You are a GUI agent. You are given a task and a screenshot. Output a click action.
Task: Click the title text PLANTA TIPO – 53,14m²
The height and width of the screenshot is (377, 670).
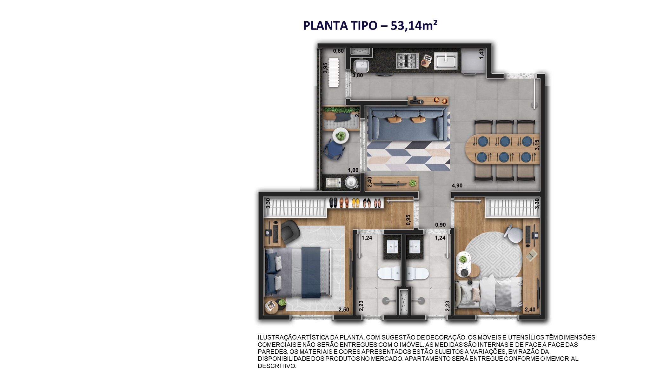(370, 25)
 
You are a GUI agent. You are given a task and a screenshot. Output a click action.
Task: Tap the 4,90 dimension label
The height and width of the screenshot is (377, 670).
(457, 185)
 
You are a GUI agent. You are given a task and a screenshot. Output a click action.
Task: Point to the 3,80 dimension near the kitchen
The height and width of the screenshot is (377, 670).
(357, 76)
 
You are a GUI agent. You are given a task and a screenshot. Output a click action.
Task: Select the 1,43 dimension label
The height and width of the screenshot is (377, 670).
(481, 54)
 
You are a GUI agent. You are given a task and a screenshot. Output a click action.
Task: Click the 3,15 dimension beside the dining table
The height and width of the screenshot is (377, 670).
(537, 145)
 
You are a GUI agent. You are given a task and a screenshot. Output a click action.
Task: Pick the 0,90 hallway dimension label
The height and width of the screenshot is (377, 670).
(440, 225)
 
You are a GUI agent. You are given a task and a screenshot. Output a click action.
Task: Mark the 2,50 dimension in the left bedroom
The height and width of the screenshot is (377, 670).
(344, 310)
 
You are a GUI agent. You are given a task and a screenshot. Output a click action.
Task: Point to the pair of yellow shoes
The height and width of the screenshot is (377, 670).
(355, 203)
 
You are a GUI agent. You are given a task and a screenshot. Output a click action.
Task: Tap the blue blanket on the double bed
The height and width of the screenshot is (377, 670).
(311, 273)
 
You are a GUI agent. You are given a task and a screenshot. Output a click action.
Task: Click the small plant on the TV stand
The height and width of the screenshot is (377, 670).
(413, 183)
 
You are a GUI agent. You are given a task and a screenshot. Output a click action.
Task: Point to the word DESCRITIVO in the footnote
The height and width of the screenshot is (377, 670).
(276, 366)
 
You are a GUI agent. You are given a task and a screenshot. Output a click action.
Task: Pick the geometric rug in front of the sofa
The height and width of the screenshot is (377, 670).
(408, 156)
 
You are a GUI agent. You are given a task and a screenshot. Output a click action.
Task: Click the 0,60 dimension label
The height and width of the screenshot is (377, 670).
(338, 51)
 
